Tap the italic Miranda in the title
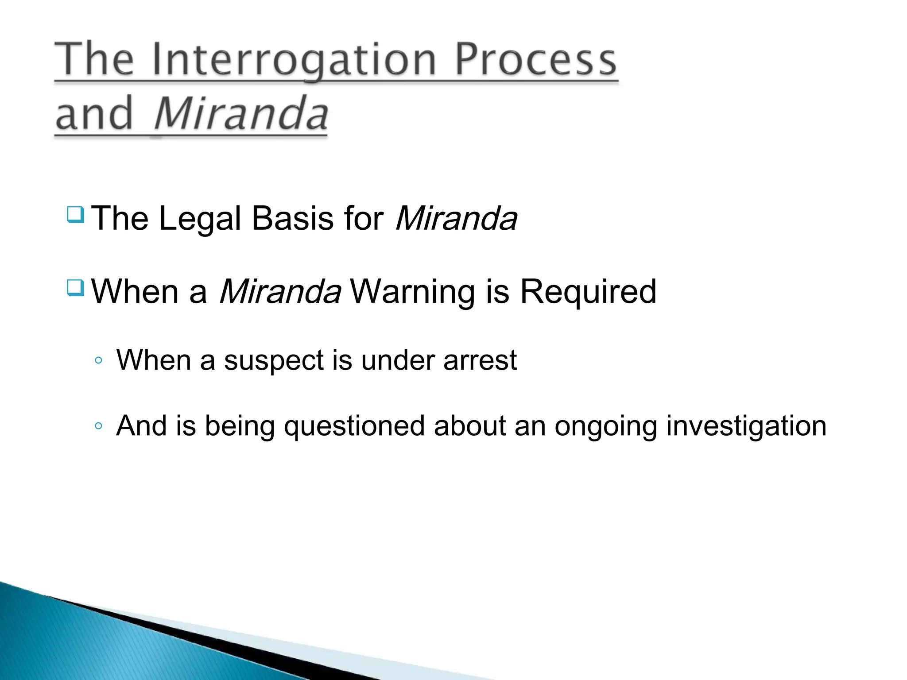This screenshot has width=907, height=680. click(x=241, y=114)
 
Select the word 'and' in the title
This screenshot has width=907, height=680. click(x=94, y=114)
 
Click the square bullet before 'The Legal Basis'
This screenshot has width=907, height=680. click(x=75, y=215)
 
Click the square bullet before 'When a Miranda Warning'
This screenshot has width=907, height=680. click(x=75, y=288)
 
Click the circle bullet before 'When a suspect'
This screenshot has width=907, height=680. click(x=98, y=360)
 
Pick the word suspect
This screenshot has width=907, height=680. click(x=274, y=360)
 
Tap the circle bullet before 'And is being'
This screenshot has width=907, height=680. click(x=98, y=426)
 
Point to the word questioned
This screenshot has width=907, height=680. click(x=354, y=426)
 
